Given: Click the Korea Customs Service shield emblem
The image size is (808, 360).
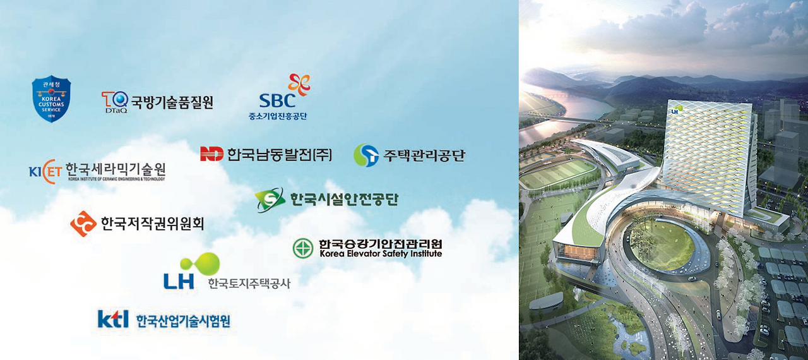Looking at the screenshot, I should (x=51, y=99).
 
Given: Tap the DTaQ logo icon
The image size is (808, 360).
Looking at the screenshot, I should (x=114, y=100).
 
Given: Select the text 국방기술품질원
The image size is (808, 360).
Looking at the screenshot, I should (x=172, y=101).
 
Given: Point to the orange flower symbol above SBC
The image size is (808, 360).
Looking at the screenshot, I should (x=299, y=85).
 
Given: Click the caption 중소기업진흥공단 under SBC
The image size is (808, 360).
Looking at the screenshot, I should (x=278, y=116).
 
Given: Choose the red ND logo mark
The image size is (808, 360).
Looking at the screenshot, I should (x=211, y=153).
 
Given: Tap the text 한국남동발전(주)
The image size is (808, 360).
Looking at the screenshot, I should (x=279, y=154).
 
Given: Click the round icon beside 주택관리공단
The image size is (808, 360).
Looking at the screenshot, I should (x=365, y=154).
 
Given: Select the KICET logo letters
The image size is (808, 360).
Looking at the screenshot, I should (x=45, y=171).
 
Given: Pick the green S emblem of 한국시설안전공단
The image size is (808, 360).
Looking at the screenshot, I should (x=270, y=200).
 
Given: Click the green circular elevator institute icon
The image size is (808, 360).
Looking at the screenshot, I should (x=303, y=248).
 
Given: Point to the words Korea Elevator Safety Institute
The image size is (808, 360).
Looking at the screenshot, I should (x=381, y=254).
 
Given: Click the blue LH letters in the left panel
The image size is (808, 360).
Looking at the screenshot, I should (x=179, y=281).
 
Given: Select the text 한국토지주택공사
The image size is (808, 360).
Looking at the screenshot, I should (x=249, y=284).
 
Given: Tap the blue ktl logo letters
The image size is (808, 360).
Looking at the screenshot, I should (x=113, y=319).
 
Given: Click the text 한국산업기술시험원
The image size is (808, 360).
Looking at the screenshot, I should (x=183, y=321).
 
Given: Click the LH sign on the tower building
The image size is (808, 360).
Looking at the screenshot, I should (x=675, y=111).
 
